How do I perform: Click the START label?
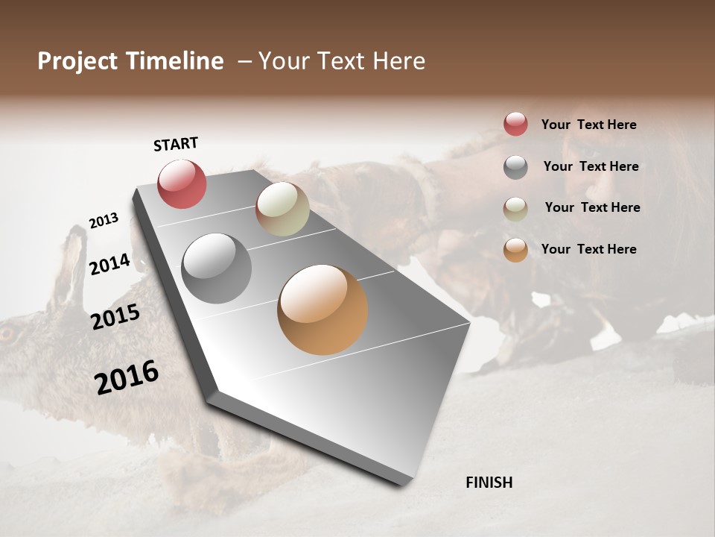point(176,144)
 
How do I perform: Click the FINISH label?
point(489,483)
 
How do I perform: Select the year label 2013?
point(104,221)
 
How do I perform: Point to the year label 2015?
point(115,317)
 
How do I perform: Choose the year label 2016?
point(127,377)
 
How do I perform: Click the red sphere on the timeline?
point(182,183)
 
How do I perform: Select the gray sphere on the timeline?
point(216,268)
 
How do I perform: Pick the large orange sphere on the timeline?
point(322,310)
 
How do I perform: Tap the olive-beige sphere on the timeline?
point(282,209)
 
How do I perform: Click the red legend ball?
point(515,125)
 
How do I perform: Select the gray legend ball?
point(515,167)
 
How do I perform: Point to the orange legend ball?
point(515,250)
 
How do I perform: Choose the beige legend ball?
point(515,208)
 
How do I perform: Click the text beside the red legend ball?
point(588,125)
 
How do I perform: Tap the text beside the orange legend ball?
point(588,249)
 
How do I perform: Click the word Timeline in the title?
point(175,61)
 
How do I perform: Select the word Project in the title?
point(77,61)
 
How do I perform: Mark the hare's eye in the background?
point(6,333)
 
